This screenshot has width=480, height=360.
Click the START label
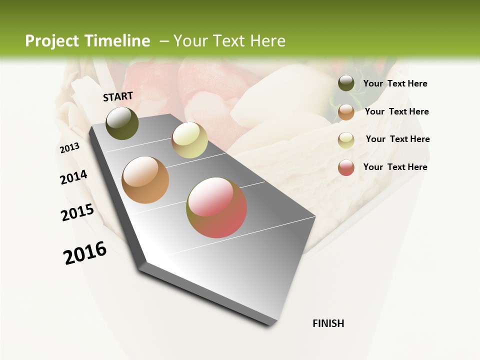point(118,96)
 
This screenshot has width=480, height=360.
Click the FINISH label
point(328,323)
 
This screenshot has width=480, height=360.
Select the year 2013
point(70,148)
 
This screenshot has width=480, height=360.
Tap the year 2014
point(74,177)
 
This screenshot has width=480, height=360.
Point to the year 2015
point(77,212)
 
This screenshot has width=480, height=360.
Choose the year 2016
point(85,253)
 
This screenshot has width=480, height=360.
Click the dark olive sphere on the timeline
point(122,123)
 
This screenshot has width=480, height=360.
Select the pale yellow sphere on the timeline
point(189,140)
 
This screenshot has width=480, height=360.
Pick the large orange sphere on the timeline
point(145,180)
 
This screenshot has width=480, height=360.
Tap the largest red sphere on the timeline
point(216,207)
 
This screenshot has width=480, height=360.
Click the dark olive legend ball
point(346,83)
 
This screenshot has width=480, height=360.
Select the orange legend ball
point(346,112)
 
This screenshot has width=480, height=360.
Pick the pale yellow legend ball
point(346,140)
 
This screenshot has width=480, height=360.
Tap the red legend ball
point(346,167)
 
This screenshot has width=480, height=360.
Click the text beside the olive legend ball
point(395,84)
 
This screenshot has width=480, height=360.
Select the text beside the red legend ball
point(395,167)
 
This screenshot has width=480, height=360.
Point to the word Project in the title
point(52,41)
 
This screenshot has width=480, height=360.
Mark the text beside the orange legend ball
point(396,111)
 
